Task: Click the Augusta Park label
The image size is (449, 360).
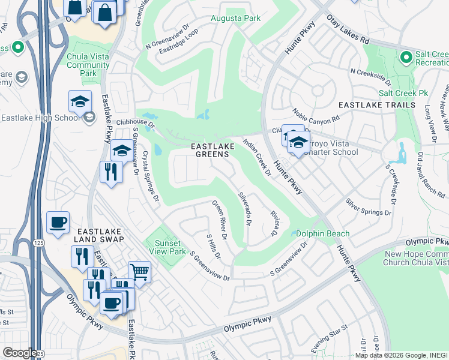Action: tap(235, 19)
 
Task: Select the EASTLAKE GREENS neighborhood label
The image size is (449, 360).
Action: tap(210, 150)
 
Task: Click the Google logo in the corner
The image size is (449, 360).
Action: tap(19, 352)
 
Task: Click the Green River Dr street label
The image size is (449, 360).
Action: tap(218, 220)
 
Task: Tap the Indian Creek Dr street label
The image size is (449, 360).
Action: tap(258, 157)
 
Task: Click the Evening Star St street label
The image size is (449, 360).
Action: tap(330, 339)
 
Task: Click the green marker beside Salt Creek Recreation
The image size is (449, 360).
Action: tap(406, 58)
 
